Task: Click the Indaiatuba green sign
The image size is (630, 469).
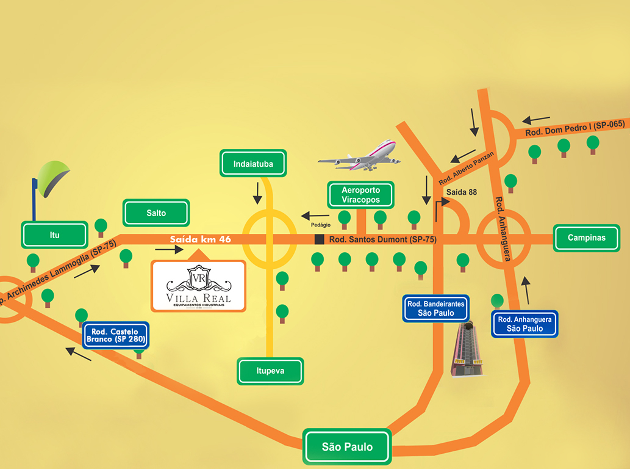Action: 253,164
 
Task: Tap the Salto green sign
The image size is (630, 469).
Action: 156,213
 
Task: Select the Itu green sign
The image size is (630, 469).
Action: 54,234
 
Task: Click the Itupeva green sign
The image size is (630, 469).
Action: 270,371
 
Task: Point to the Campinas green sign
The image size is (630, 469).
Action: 586,238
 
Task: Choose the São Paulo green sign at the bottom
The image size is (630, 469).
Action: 347,447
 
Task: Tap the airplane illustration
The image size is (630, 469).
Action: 360,156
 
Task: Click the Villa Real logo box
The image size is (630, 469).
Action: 199,286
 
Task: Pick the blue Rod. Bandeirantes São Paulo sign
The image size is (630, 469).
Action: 437,308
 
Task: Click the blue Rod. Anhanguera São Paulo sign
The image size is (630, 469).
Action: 525,324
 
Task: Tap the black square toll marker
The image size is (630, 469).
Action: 319,239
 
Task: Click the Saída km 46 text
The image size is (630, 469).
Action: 200,239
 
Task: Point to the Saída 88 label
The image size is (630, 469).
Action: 462,192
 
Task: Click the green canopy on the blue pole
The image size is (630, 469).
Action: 52,178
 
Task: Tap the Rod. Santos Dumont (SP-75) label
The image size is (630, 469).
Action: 382,240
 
